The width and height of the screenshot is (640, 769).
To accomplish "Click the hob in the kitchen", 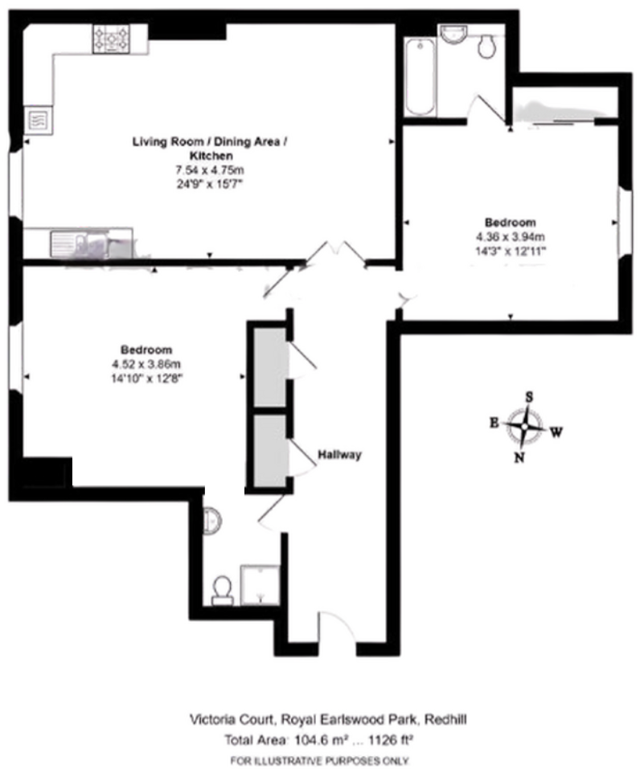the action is click(112, 39).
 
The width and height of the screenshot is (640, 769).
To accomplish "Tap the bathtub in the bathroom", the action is click(421, 77).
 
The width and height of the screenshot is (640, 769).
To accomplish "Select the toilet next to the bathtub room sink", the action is click(487, 46).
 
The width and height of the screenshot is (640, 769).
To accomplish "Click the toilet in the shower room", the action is click(223, 590).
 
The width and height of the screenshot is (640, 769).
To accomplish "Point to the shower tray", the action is click(260, 585).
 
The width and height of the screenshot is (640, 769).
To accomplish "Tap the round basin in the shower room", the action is click(211, 521).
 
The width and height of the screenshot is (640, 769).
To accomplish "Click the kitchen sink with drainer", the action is click(79, 243).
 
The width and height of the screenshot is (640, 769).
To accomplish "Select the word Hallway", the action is click(339, 455).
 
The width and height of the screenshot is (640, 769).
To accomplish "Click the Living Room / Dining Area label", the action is click(210, 141).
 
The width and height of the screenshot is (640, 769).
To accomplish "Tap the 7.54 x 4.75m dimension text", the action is click(210, 170).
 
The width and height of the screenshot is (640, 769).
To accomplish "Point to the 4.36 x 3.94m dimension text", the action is click(510, 237).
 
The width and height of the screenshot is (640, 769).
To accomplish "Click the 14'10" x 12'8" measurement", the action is click(146, 378).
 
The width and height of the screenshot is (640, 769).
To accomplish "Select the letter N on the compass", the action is click(519, 457).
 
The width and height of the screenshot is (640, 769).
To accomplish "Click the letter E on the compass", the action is click(494, 422).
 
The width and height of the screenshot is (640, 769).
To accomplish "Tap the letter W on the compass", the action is click(556, 432).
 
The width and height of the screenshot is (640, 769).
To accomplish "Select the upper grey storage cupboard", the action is click(270, 366).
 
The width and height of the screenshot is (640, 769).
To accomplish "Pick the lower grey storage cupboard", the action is click(270, 451).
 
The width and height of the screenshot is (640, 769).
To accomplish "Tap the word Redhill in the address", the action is click(445, 719).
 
